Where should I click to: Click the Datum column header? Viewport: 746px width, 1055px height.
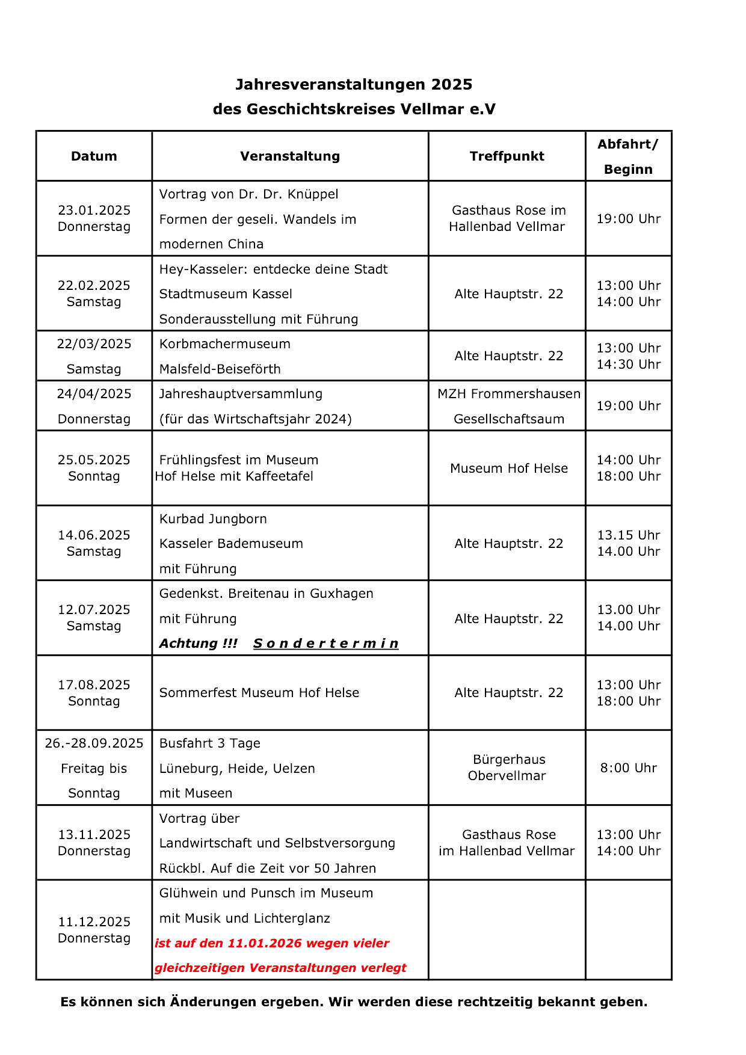tap(94, 156)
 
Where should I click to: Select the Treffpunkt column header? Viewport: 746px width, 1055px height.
tap(507, 156)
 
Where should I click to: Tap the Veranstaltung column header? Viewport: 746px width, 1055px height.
tap(290, 156)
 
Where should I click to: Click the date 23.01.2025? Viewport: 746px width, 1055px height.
tap(94, 210)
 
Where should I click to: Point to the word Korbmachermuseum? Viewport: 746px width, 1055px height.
tap(224, 344)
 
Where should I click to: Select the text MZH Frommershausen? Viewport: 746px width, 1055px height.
tap(508, 394)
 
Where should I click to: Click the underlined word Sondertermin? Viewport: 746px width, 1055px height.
tap(325, 644)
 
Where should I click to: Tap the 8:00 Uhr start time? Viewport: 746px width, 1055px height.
tap(628, 768)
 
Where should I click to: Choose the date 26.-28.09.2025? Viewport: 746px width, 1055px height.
tap(94, 743)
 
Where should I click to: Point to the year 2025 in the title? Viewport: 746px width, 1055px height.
tap(451, 84)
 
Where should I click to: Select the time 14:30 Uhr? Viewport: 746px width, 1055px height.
tap(628, 364)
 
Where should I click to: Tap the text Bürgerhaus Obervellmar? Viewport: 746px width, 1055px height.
tap(507, 767)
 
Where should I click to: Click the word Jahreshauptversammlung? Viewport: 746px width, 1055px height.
tap(241, 394)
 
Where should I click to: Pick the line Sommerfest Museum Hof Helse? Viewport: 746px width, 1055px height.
tap(259, 693)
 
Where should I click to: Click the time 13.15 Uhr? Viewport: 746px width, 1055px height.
tap(628, 535)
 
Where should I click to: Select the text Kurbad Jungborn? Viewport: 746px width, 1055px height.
tap(213, 519)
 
